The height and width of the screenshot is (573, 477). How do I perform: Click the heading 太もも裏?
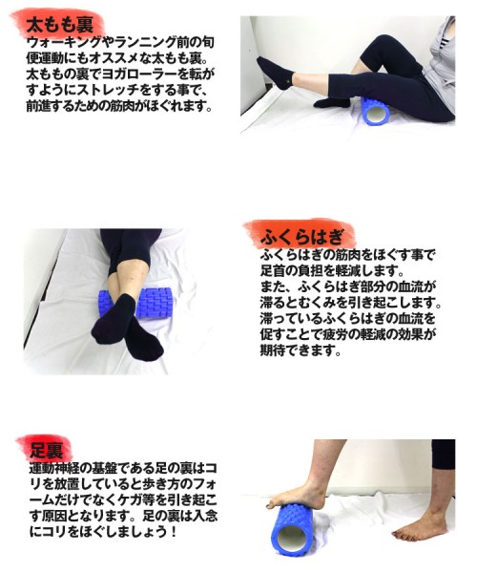[59, 25]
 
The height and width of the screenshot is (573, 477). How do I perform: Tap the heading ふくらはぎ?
[301, 238]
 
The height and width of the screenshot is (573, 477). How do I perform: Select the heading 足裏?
[47, 450]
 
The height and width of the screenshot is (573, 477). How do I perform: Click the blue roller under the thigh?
[375, 111]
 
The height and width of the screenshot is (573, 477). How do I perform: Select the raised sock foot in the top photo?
[276, 73]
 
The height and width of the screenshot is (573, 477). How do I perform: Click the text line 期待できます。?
[301, 350]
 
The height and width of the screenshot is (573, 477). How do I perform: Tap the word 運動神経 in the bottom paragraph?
[53, 468]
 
